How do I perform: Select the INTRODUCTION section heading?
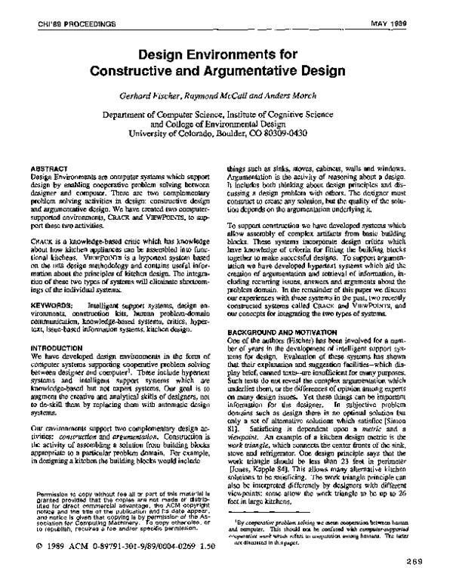(x=60, y=325)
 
